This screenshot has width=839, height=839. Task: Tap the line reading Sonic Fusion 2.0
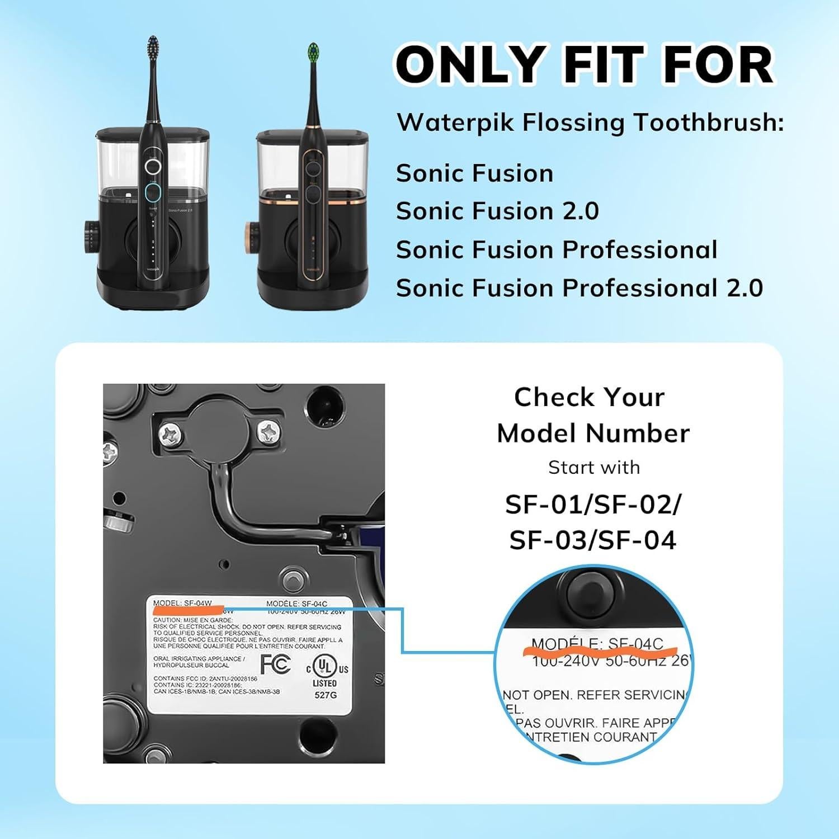pyautogui.click(x=497, y=211)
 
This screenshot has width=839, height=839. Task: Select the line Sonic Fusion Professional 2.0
pyautogui.click(x=579, y=288)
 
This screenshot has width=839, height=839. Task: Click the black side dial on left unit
pyautogui.click(x=90, y=234)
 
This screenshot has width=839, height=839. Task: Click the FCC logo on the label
pyautogui.click(x=276, y=664)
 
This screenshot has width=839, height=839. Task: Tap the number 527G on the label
pyautogui.click(x=325, y=695)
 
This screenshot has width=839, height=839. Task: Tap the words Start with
pyautogui.click(x=594, y=468)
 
